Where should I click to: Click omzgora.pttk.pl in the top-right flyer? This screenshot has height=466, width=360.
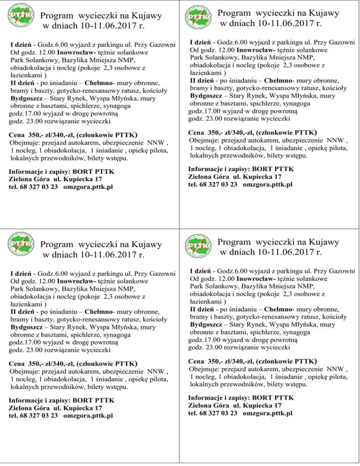pyautogui.click(x=268, y=184)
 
